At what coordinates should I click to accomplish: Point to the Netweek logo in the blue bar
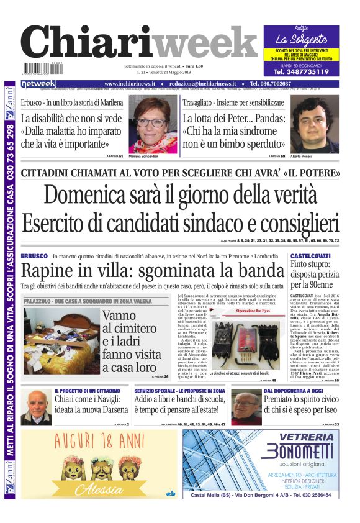click(x=38, y=84)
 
